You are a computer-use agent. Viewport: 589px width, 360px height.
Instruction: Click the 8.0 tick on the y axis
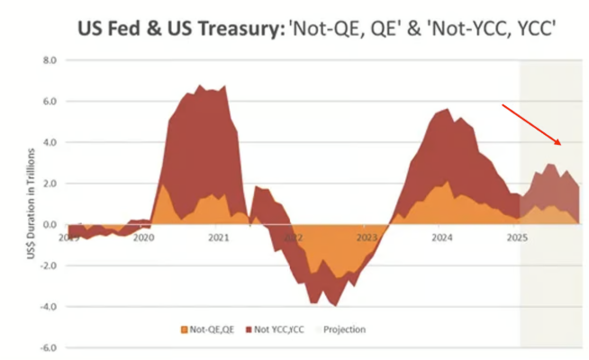coord(47,61)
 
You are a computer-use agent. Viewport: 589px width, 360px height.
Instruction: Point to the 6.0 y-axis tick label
coord(47,102)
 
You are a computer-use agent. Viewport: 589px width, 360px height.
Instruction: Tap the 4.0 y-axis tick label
coord(47,143)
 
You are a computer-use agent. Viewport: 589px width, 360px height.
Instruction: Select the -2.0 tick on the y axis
coord(45,265)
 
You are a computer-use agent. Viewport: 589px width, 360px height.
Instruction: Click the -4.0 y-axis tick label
coord(45,307)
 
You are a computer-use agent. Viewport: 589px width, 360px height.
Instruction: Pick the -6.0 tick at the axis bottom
coord(45,347)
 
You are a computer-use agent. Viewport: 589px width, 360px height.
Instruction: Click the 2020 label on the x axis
coord(143,238)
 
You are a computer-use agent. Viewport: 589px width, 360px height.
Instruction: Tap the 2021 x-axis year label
coord(218,238)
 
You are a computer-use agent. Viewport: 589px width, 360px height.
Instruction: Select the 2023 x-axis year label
coord(367,238)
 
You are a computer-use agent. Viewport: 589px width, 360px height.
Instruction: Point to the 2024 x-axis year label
coord(441,238)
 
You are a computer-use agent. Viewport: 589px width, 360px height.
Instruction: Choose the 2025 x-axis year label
coord(516,238)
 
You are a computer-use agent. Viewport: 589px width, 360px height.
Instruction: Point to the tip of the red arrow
coord(563,145)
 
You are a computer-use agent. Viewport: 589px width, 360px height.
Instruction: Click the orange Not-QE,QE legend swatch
coord(185,329)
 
